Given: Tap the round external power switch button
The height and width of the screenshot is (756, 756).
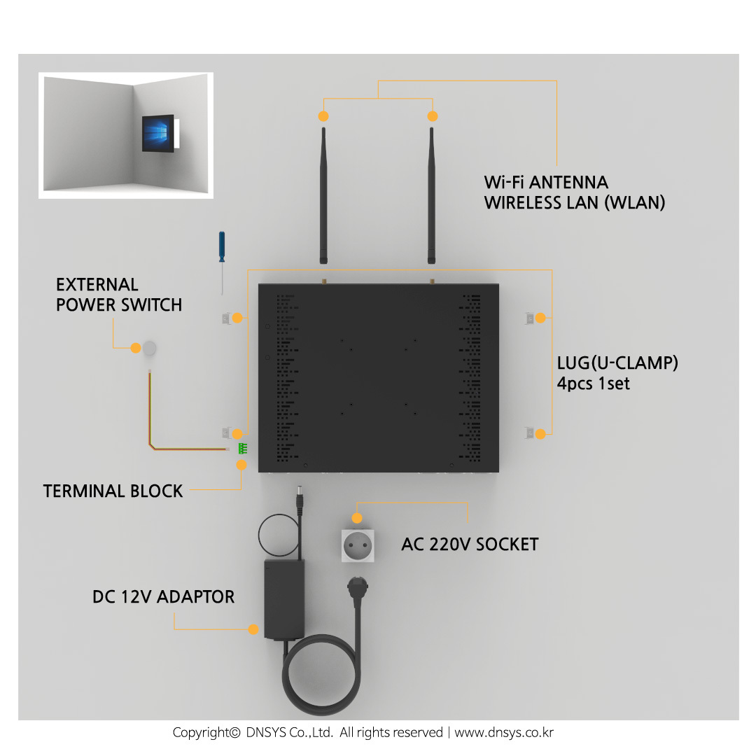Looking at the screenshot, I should tap(149, 348).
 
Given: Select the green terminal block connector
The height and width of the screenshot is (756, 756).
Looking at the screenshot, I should tap(242, 449).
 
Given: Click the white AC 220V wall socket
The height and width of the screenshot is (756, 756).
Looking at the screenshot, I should tap(357, 545).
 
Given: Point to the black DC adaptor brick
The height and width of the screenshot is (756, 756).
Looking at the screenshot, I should tap(283, 598).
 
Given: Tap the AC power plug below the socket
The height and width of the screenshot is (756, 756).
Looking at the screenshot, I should tap(357, 587).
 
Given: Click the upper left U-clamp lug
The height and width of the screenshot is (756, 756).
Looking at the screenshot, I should tap(225, 318).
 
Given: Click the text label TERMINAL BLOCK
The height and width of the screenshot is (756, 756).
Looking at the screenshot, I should tap(113, 491).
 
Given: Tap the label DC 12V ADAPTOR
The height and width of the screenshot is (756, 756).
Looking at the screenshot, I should tap(163, 597).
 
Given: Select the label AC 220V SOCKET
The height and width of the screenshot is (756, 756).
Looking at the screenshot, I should tap(470, 545).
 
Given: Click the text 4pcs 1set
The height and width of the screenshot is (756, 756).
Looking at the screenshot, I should tap(593, 384).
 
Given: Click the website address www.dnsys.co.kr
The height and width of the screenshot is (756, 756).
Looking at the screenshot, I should tap(504, 733).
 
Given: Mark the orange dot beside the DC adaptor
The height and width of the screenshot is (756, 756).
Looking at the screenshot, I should tap(253, 629).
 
